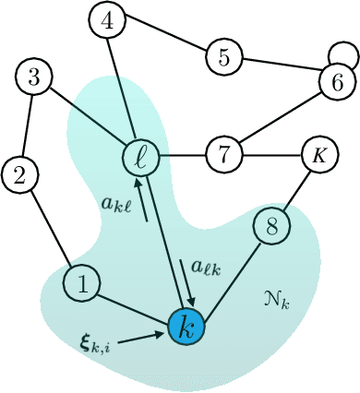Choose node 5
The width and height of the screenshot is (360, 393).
pyautogui.click(x=223, y=56)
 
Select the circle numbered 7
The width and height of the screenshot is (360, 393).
pyautogui.click(x=223, y=152)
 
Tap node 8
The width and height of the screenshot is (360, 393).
pyautogui.click(x=271, y=224)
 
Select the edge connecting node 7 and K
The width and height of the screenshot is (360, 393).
pyautogui.click(x=270, y=152)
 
